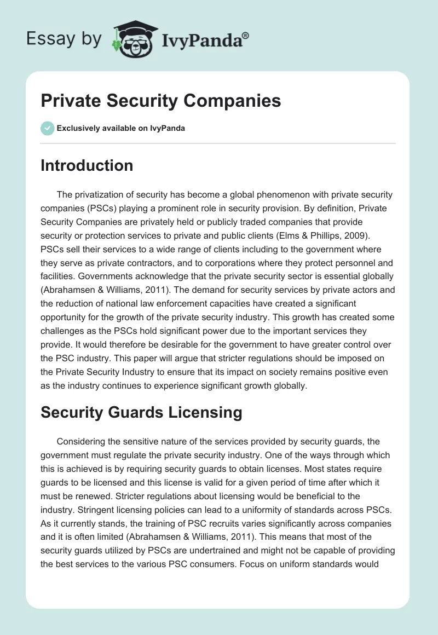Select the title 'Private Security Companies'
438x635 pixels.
[x=161, y=101]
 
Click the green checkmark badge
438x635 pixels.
[x=47, y=128]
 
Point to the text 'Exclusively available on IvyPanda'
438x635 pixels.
[x=120, y=129]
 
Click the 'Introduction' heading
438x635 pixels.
[x=87, y=165]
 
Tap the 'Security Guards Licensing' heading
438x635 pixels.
[x=141, y=412]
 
